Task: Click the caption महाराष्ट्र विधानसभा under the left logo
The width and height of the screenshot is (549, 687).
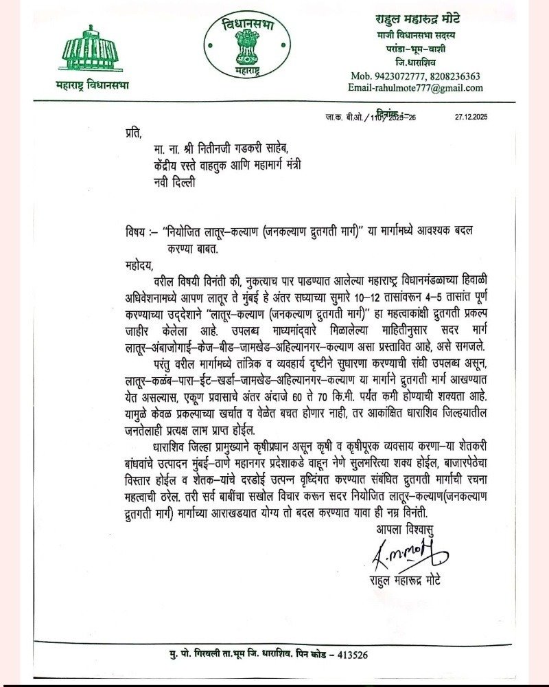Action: pos(92,85)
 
